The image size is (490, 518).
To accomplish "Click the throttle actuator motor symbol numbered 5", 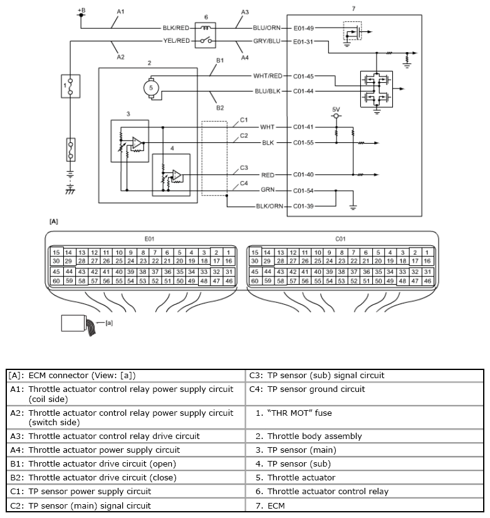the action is pyautogui.click(x=151, y=88).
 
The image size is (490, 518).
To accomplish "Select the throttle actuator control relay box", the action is pyautogui.click(x=206, y=35).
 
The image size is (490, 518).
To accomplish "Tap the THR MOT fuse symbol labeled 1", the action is pyautogui.click(x=70, y=86).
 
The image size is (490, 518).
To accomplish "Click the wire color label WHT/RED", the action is pyautogui.click(x=268, y=76).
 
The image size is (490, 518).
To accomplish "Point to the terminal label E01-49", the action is pyautogui.click(x=303, y=28).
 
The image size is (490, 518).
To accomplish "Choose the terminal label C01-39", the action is pyautogui.click(x=303, y=206).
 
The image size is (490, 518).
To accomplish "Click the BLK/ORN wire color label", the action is pyautogui.click(x=269, y=206).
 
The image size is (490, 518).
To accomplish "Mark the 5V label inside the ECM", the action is pyautogui.click(x=336, y=109).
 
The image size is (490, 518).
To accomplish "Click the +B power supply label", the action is pyautogui.click(x=81, y=10).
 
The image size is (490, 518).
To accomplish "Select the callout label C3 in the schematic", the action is pyautogui.click(x=244, y=168).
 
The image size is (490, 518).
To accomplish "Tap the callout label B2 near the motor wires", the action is pyautogui.click(x=220, y=108).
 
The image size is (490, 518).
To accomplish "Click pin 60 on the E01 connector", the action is pyautogui.click(x=56, y=281).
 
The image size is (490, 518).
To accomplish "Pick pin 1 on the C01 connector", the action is pyautogui.click(x=427, y=252).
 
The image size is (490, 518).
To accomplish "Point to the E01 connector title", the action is pyautogui.click(x=149, y=239).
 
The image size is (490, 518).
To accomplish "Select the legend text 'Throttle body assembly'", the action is pyautogui.click(x=315, y=436).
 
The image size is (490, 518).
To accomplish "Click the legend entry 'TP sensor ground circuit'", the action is pyautogui.click(x=316, y=389).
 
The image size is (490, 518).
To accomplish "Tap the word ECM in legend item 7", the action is pyautogui.click(x=276, y=506).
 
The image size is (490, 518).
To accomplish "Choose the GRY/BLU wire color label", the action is pyautogui.click(x=267, y=41).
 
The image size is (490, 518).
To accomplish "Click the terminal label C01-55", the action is pyautogui.click(x=303, y=143).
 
